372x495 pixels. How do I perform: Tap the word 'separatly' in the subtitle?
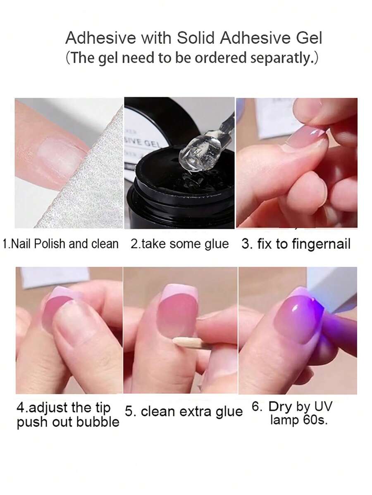pyautogui.click(x=280, y=58)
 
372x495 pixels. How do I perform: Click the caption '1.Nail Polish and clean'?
pyautogui.click(x=60, y=244)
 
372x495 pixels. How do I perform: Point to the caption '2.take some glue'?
pyautogui.click(x=179, y=244)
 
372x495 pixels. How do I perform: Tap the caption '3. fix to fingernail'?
pyautogui.click(x=296, y=244)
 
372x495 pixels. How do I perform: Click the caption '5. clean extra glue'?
pyautogui.click(x=184, y=412)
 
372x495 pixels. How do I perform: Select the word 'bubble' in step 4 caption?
pyautogui.click(x=100, y=422)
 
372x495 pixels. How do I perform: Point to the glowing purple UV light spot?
pyautogui.click(x=315, y=305)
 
